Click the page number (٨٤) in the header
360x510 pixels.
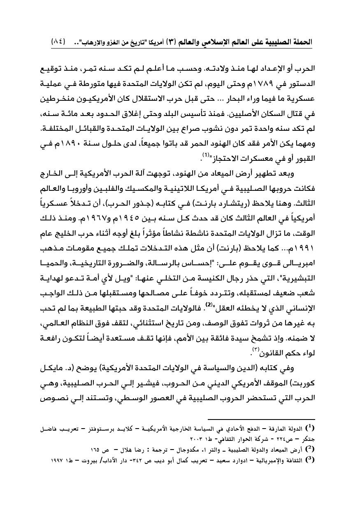pyautogui.click(x=59, y=42)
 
